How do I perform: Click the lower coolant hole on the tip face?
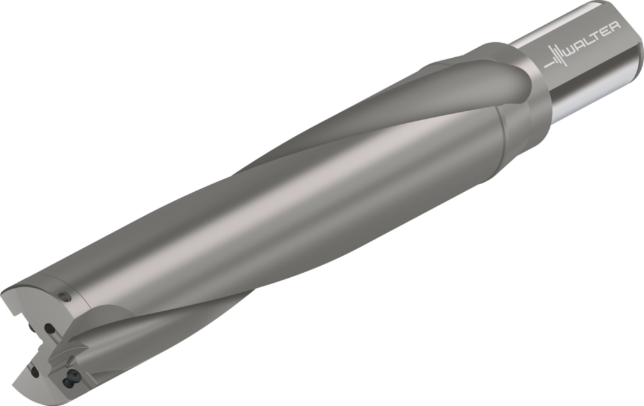(x=35, y=372)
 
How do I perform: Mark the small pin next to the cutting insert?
(x=75, y=360)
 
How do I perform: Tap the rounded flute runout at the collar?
(x=497, y=75)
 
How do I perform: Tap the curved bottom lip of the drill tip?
(x=38, y=393)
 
